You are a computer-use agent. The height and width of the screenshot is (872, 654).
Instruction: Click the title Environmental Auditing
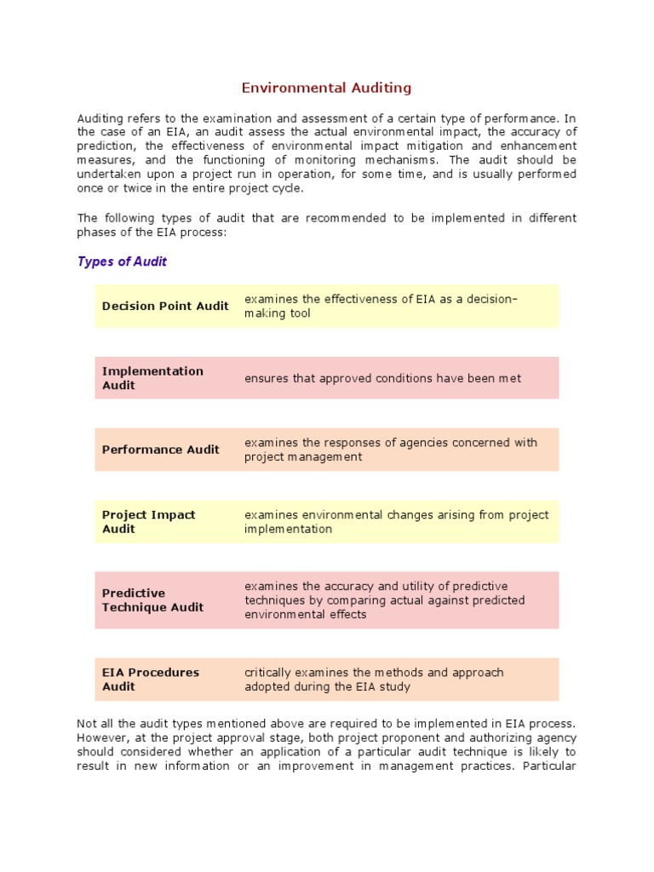326,88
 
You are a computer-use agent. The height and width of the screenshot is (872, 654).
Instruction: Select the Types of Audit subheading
122,261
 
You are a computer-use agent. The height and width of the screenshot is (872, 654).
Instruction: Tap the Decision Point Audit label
165,306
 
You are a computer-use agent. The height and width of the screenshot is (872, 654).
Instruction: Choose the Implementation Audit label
152,378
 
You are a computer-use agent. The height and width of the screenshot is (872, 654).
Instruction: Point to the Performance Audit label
160,450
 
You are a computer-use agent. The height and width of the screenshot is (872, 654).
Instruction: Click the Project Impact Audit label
148,521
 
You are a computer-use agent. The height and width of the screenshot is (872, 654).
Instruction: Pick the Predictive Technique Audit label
152,599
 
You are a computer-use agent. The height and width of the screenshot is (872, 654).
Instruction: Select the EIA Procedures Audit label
150,679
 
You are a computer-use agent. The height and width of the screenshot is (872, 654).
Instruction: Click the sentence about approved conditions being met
382,378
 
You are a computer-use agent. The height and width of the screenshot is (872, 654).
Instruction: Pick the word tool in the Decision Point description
301,313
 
